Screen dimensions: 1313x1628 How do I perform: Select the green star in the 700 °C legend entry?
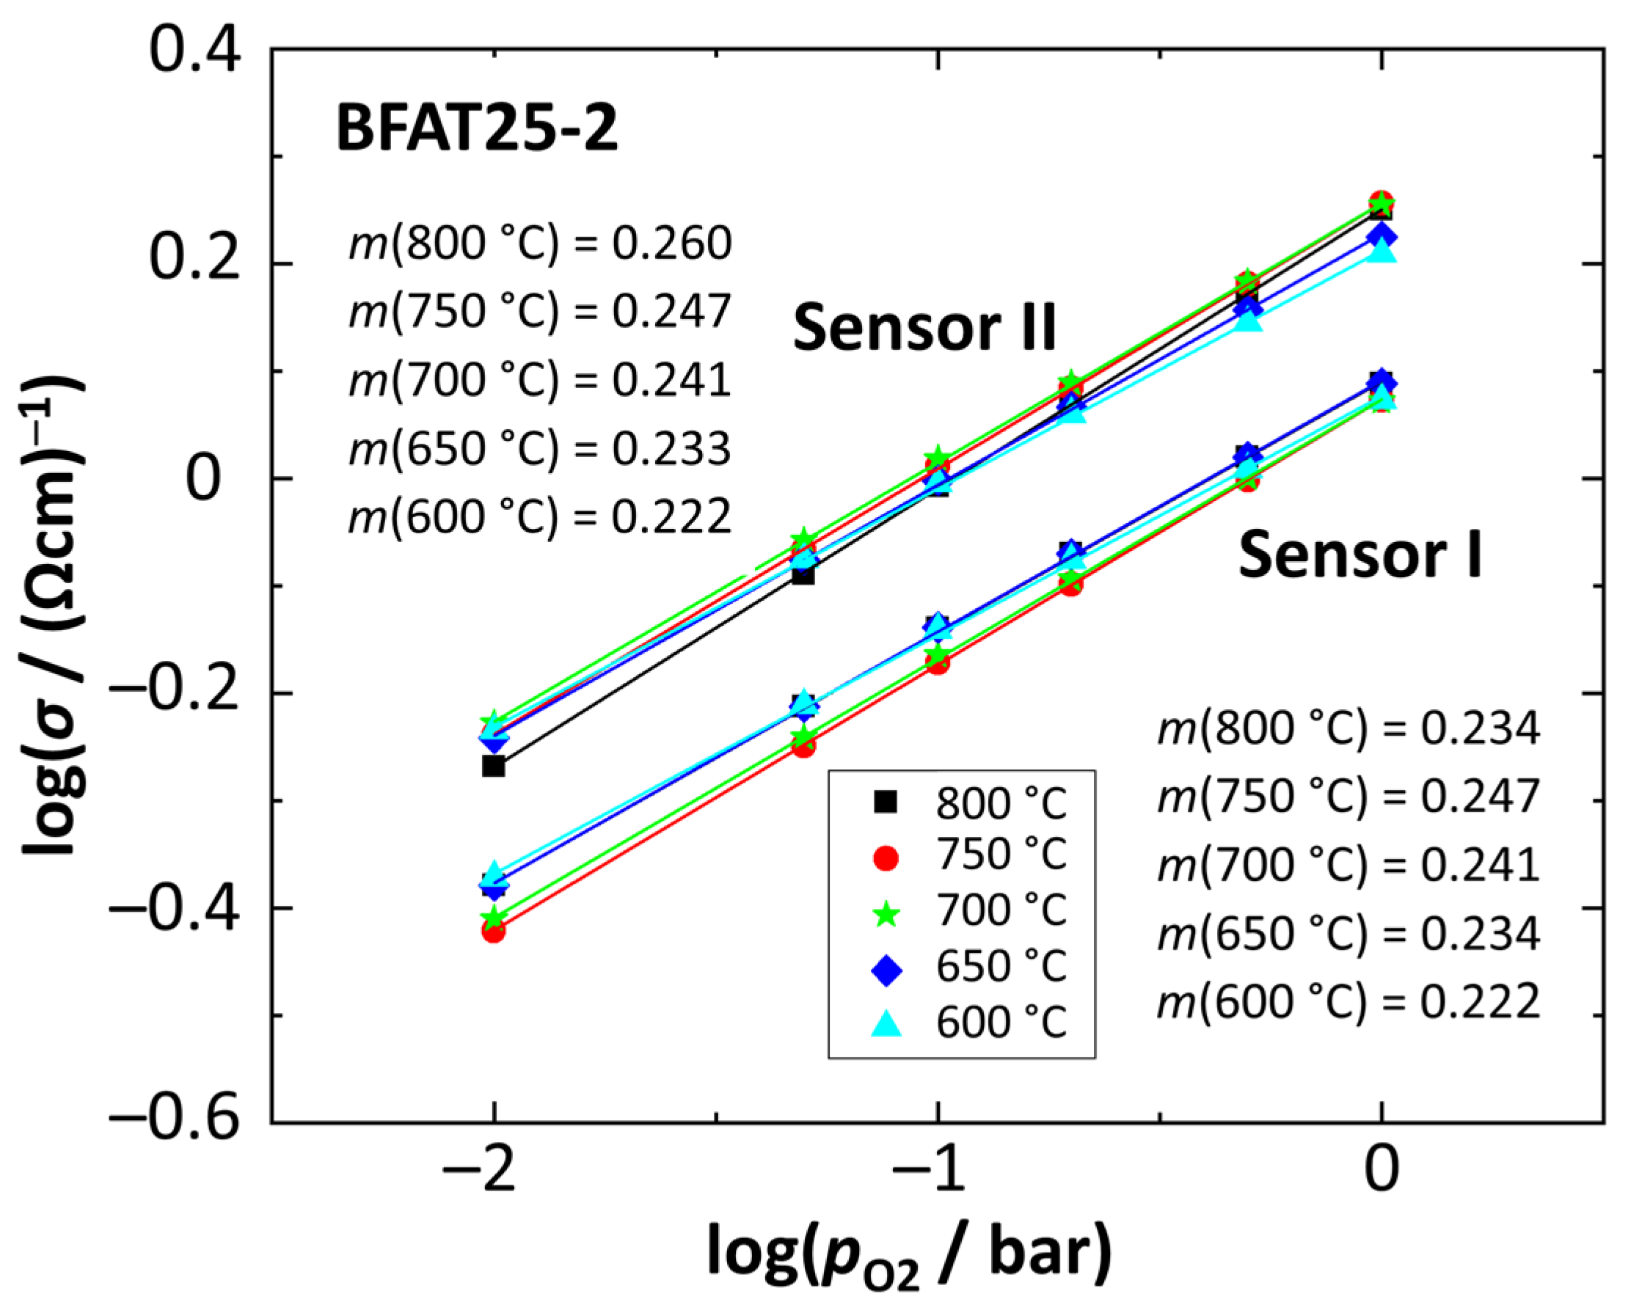[885, 915]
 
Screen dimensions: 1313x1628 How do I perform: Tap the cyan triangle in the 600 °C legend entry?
[885, 1024]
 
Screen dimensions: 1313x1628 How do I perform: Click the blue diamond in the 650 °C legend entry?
[885, 970]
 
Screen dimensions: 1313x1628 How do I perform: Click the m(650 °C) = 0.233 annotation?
[540, 449]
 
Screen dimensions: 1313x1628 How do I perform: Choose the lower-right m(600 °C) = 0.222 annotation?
[1348, 1002]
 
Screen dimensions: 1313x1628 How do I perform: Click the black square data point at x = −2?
[493, 767]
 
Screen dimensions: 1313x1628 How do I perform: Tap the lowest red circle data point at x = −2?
[493, 931]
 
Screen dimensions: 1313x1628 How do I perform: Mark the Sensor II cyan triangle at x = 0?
[1381, 252]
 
